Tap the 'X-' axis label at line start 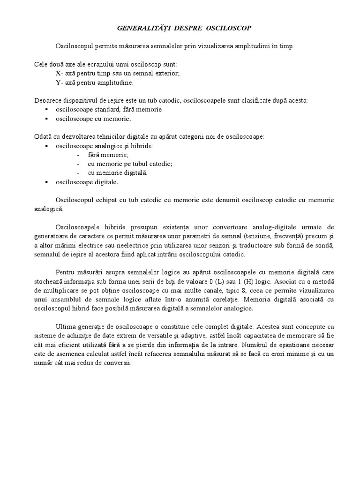click(59, 73)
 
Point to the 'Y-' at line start click(59, 82)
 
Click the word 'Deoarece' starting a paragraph click(47, 100)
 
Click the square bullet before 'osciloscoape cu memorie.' click(47, 119)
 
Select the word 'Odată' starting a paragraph click(44, 137)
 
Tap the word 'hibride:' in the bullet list click(142, 146)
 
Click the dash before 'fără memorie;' click(78, 155)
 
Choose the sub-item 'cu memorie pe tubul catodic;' click(130, 164)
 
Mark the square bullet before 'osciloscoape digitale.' click(47, 182)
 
